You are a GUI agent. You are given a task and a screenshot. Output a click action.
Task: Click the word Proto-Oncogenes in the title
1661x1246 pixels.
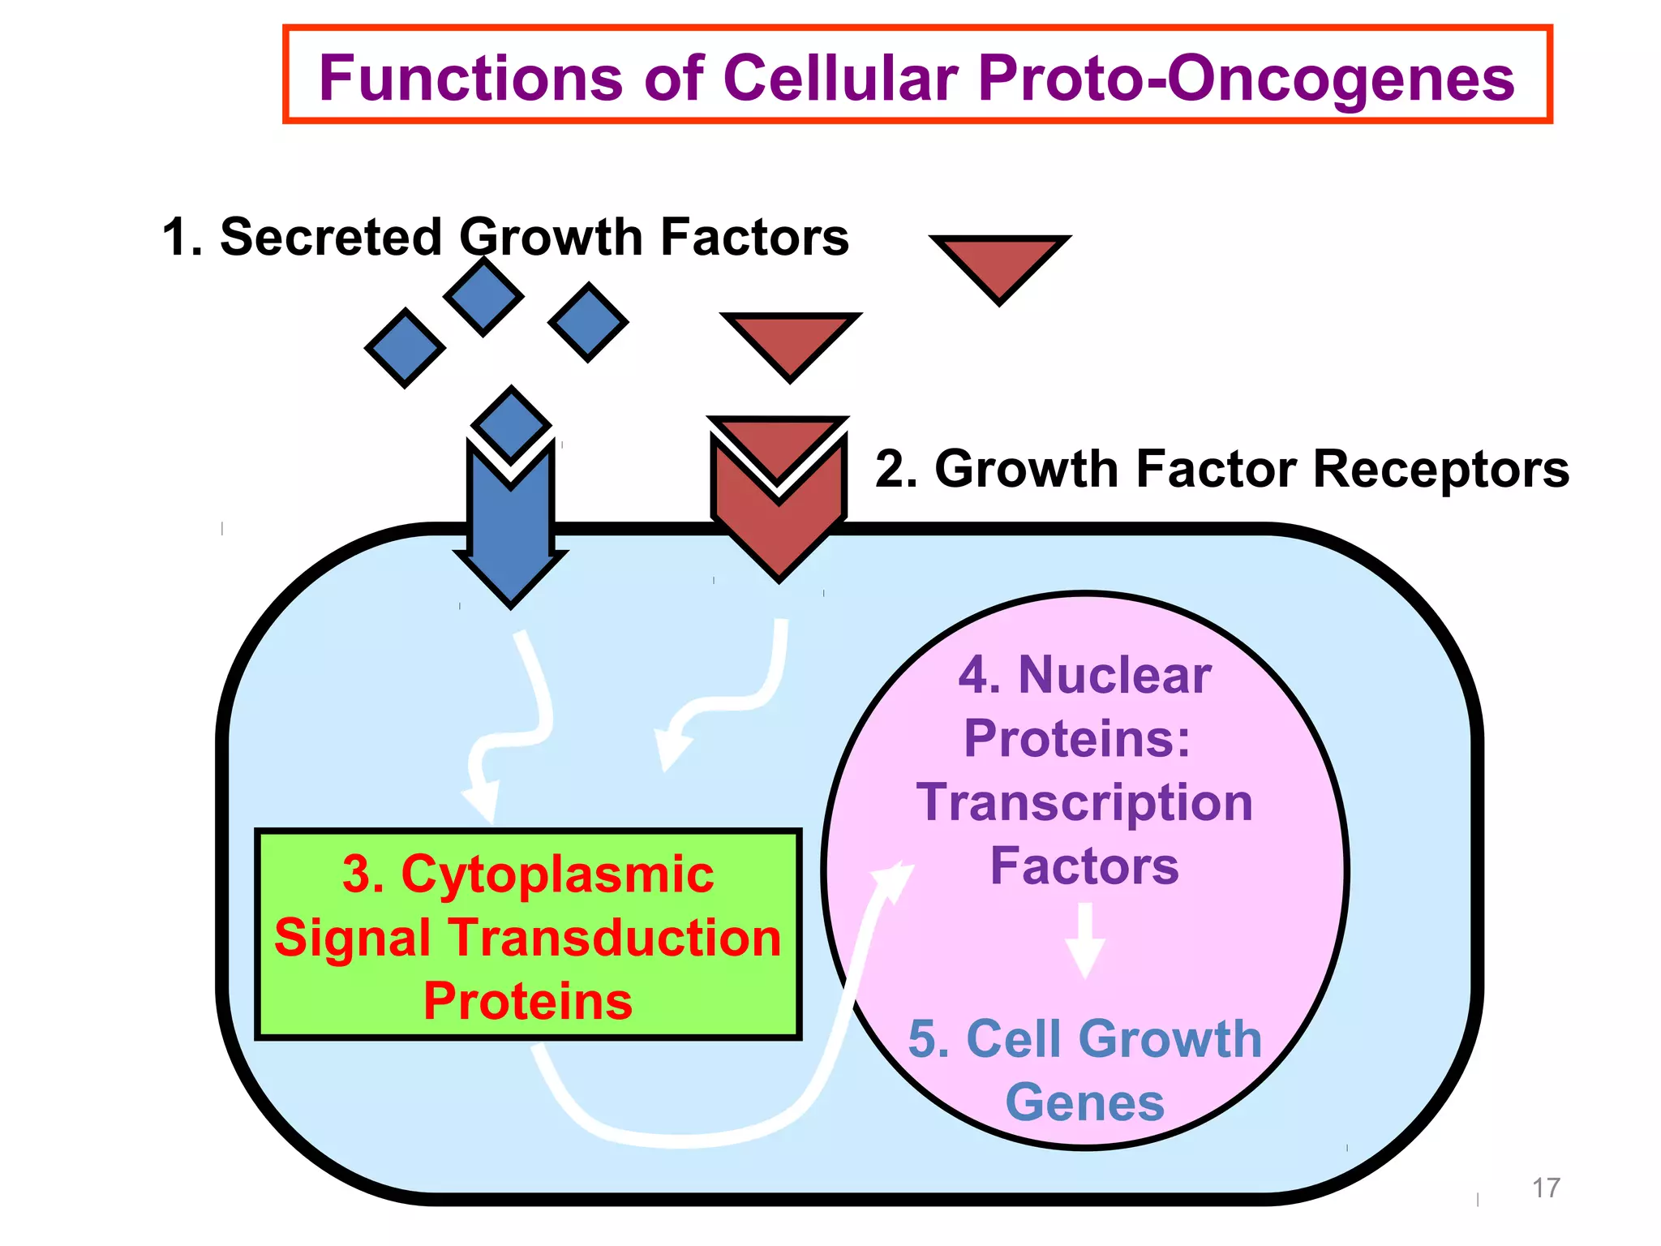[1246, 79]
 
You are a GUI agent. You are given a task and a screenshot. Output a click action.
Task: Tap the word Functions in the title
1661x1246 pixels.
[470, 79]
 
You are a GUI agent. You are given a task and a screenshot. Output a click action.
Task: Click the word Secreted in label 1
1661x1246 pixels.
[330, 237]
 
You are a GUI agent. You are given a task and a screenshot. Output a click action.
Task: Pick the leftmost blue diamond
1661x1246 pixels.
[405, 348]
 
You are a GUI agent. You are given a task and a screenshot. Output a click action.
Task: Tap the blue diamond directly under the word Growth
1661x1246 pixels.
[483, 297]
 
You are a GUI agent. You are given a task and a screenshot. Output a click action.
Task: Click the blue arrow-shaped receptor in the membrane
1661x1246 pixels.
[511, 535]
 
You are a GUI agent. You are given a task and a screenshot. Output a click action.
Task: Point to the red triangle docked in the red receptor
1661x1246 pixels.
[778, 442]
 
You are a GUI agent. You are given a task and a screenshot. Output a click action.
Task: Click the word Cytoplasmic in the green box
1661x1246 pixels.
[557, 874]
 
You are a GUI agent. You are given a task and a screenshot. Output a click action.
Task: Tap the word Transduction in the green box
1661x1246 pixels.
[615, 938]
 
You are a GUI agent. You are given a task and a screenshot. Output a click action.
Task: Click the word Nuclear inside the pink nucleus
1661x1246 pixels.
[1114, 675]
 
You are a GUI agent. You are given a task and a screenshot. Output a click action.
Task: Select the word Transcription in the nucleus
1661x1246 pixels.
[1084, 802]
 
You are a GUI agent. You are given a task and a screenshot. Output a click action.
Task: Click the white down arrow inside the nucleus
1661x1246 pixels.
[1084, 941]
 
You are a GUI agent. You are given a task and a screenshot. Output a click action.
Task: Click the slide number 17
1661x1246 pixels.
[1546, 1188]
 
